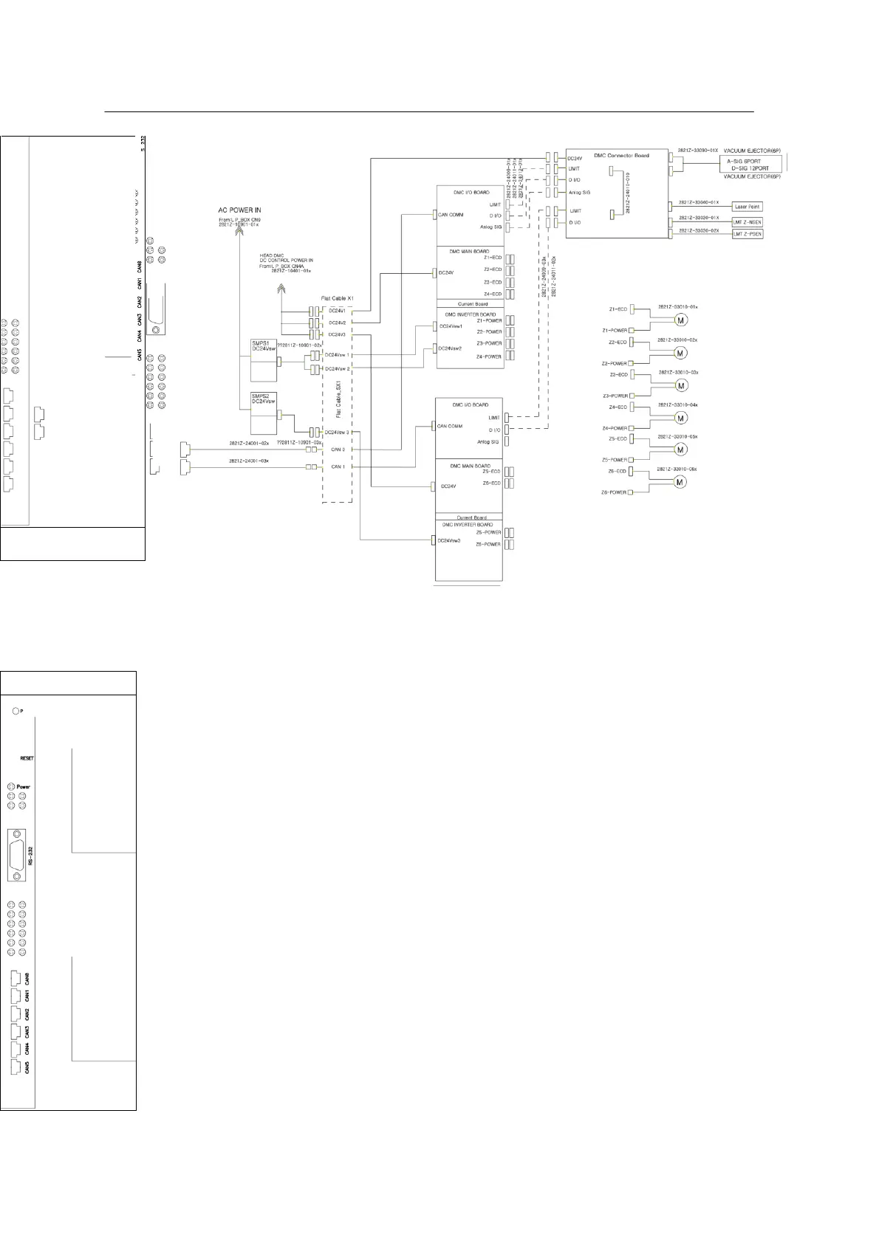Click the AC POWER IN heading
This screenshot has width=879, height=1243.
pos(239,210)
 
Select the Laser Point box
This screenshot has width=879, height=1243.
pos(746,207)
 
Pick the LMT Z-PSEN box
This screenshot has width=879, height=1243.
pos(746,234)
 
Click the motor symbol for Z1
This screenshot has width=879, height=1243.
pos(680,320)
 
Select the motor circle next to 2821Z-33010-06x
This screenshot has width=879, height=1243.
pos(680,482)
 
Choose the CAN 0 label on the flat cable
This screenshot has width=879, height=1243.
pos(338,449)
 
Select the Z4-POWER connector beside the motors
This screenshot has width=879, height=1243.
pos(631,428)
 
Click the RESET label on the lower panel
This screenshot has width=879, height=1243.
pos(27,758)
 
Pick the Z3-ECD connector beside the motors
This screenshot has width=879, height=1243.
pos(632,376)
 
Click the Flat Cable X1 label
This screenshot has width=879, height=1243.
pos(338,298)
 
